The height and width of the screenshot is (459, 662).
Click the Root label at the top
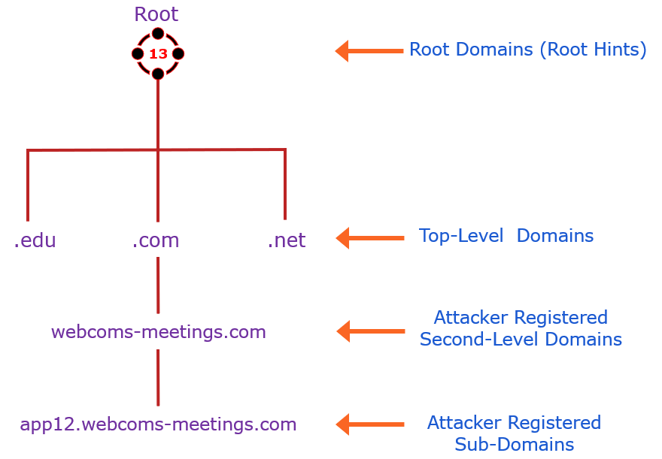(x=156, y=14)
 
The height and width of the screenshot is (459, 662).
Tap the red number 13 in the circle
(x=158, y=54)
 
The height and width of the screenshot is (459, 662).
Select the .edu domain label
(x=35, y=240)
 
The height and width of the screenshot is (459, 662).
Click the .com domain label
(x=156, y=240)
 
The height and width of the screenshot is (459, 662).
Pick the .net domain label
(x=287, y=240)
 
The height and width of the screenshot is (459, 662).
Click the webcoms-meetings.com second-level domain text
(x=158, y=331)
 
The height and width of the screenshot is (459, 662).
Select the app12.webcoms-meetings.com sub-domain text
(x=158, y=424)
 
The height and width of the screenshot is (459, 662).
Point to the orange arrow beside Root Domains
(x=369, y=51)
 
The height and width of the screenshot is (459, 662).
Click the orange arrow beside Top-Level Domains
(x=369, y=239)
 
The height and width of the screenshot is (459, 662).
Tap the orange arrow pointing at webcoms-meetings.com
(x=369, y=331)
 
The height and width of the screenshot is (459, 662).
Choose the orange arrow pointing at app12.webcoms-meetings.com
(x=369, y=424)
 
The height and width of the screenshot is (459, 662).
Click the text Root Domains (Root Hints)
(x=527, y=50)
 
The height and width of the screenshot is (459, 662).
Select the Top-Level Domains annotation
(x=506, y=236)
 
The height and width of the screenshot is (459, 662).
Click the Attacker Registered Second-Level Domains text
(x=521, y=328)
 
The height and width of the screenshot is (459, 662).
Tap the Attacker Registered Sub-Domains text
(x=514, y=433)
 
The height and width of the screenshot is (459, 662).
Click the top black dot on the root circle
(x=158, y=33)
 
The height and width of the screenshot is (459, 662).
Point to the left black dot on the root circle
(x=138, y=54)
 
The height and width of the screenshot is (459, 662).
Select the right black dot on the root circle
(x=178, y=54)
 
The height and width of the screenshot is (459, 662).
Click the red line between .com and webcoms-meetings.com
(x=157, y=285)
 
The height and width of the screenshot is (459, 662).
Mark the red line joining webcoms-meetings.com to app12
(x=157, y=377)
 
